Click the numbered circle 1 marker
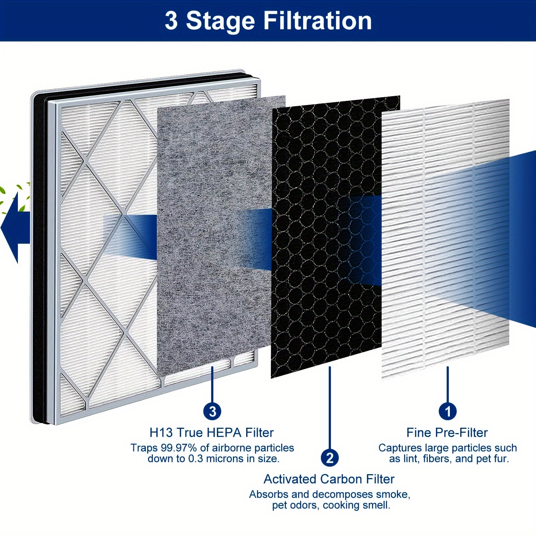click(x=447, y=411)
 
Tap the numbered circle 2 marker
click(x=330, y=458)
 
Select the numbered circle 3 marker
click(x=212, y=411)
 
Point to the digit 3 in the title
click(x=171, y=20)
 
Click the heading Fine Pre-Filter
click(x=447, y=432)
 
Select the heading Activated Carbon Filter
click(x=329, y=479)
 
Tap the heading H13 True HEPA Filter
click(x=212, y=432)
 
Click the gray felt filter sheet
click(x=214, y=236)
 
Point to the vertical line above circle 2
click(x=330, y=407)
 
